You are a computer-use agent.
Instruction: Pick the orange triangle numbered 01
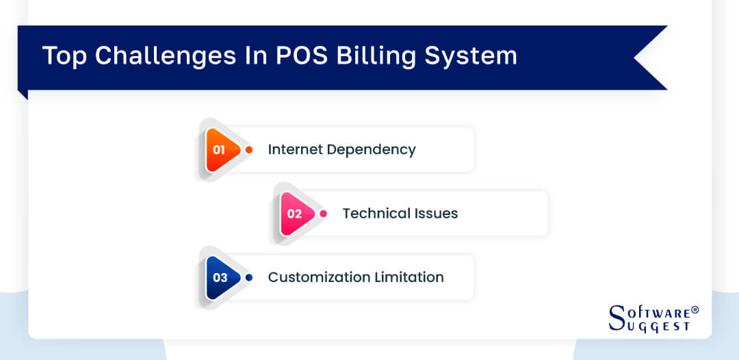click(222, 149)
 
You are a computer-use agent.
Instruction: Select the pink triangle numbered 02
click(296, 214)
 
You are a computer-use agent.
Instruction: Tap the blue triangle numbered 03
click(222, 277)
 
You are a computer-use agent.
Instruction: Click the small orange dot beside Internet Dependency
click(249, 149)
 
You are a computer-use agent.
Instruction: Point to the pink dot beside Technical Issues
click(324, 214)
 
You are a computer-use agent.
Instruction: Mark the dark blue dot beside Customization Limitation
click(249, 277)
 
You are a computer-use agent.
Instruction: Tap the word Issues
click(436, 214)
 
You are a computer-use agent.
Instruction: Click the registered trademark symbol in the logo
click(695, 310)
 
